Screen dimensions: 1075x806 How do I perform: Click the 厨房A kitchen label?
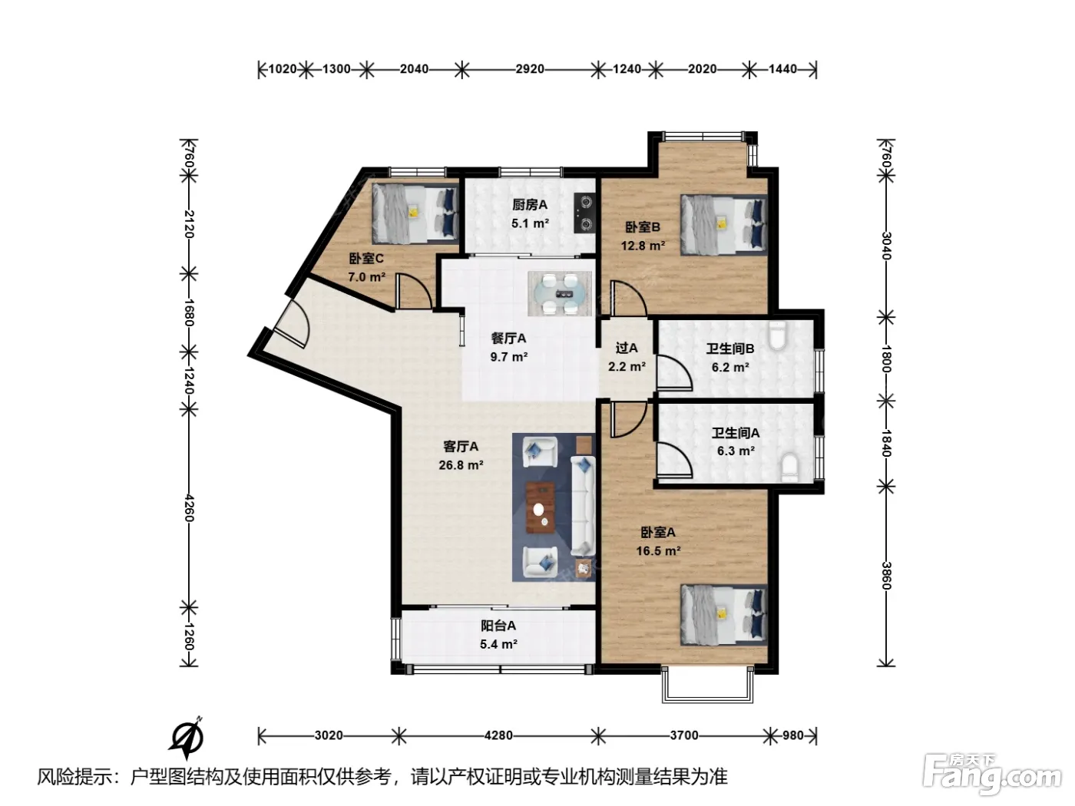tap(529, 204)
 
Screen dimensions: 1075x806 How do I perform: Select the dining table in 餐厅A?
tap(559, 294)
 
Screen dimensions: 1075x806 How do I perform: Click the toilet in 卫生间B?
tap(777, 335)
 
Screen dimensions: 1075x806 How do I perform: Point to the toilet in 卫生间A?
tap(789, 467)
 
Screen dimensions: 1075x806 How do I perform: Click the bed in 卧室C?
tap(415, 213)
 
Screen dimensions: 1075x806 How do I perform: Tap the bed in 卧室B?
tap(723, 225)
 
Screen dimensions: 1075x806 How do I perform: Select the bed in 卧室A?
tap(723, 615)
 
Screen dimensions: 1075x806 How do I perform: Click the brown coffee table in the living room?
tap(541, 507)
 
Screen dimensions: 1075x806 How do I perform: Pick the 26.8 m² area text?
tap(461, 465)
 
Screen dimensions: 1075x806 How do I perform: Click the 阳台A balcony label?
tap(498, 626)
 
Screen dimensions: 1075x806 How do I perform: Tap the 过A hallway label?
tap(627, 348)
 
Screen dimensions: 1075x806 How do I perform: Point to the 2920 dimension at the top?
tap(529, 69)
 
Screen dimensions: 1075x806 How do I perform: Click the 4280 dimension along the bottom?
tap(498, 735)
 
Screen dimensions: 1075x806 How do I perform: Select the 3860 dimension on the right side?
tap(886, 576)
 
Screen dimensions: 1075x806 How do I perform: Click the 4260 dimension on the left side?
tap(189, 508)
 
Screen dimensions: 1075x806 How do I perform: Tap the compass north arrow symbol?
tap(187, 738)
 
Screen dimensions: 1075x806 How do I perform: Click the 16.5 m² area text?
tap(658, 551)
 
